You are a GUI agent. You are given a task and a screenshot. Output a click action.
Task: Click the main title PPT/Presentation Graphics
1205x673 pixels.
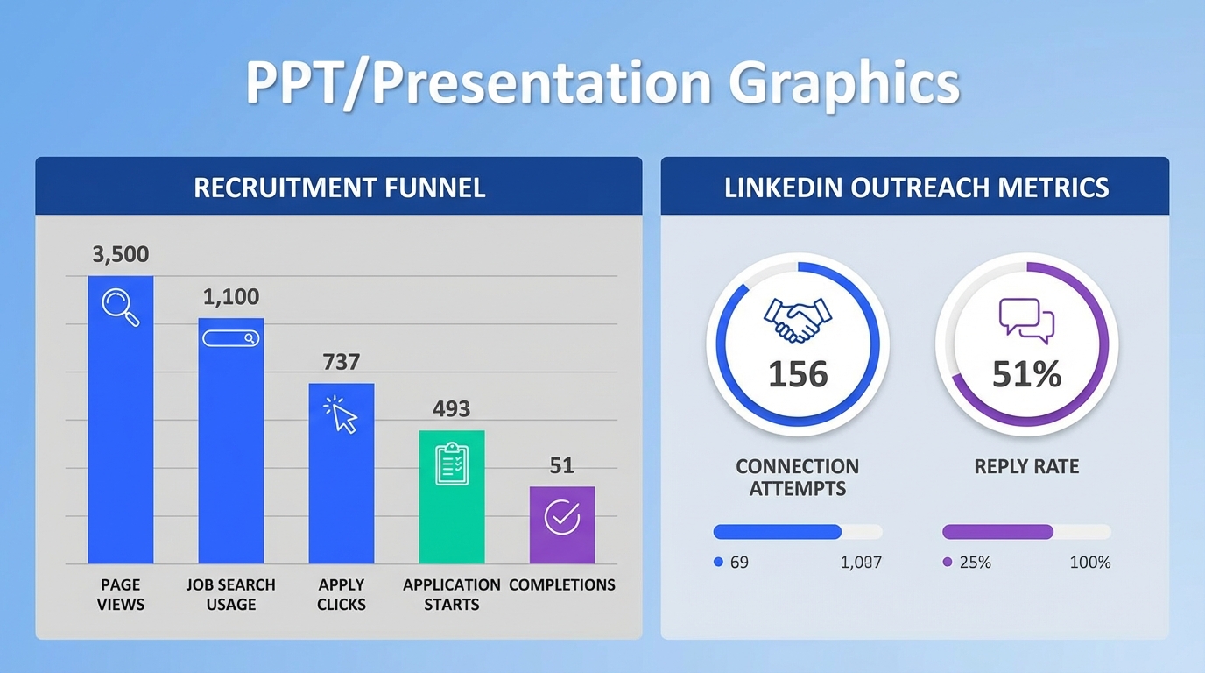coord(602,84)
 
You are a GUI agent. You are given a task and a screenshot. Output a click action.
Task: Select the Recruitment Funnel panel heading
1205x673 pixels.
coord(339,188)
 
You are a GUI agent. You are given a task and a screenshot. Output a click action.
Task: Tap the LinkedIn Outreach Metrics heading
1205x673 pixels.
coord(916,188)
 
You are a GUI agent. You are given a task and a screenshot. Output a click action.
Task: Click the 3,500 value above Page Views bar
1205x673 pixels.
coord(121,255)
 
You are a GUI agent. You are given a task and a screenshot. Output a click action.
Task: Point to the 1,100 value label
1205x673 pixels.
coord(231,297)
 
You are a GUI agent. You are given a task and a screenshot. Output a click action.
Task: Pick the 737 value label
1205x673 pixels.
coord(342,362)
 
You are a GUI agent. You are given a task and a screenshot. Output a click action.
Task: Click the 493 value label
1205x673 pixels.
coord(452,409)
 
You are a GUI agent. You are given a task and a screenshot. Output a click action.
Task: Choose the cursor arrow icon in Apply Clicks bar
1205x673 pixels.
coord(342,414)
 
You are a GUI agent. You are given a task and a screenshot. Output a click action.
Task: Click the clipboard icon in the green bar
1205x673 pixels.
coord(452,464)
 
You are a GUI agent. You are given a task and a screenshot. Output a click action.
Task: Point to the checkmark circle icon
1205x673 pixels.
coord(562,517)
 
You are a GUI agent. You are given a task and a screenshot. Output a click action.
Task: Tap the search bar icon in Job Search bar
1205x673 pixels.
coord(231,338)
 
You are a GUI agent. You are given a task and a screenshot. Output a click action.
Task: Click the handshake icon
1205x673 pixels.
coord(797,320)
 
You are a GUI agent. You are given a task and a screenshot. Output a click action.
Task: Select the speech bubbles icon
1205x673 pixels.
coord(1026,321)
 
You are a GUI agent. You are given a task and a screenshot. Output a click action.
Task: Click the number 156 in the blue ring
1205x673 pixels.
coord(798,374)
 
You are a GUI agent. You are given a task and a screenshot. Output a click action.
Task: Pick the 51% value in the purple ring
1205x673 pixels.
coord(1026,374)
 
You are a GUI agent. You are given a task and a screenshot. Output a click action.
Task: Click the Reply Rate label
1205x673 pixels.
coord(1026,466)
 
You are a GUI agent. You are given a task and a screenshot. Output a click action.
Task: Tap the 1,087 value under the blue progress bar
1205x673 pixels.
coord(860,563)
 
